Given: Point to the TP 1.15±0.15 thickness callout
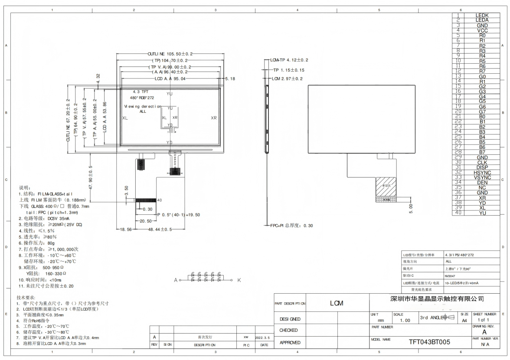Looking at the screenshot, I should [x=289, y=70].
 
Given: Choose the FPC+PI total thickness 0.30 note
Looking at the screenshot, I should [x=291, y=226].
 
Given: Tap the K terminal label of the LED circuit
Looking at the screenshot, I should [x=239, y=280].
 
